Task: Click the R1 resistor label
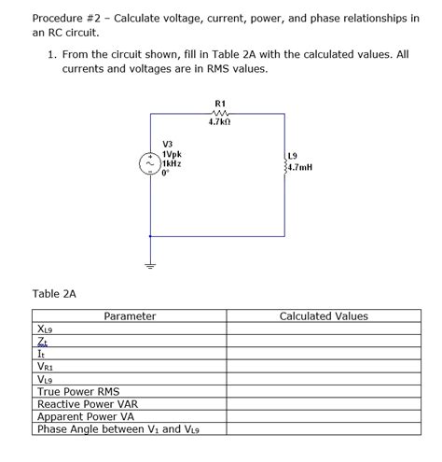[x=219, y=103]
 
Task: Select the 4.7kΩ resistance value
[x=219, y=122]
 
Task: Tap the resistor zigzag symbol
[x=219, y=113]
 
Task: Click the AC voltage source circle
[x=149, y=163]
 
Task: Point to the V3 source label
[x=167, y=145]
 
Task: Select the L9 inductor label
[x=293, y=154]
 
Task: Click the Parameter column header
[x=130, y=316]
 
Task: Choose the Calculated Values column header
[x=324, y=316]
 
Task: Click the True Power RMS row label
[x=78, y=392]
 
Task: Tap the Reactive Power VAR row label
[x=85, y=404]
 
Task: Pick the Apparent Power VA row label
[x=85, y=417]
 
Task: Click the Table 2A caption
[x=54, y=293]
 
